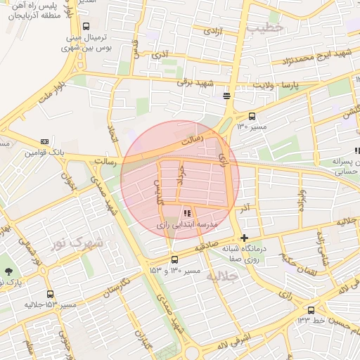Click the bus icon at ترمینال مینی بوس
pyautogui.click(x=86, y=26)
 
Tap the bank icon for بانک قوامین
pyautogui.click(x=45, y=141)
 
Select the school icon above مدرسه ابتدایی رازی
pyautogui.click(x=186, y=212)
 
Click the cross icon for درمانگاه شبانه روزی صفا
pyautogui.click(x=244, y=238)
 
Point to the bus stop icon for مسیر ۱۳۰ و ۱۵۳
pyautogui.click(x=174, y=259)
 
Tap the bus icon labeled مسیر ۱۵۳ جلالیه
pyautogui.click(x=49, y=295)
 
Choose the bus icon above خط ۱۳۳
pyautogui.click(x=311, y=309)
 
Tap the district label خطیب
pyautogui.click(x=264, y=27)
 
